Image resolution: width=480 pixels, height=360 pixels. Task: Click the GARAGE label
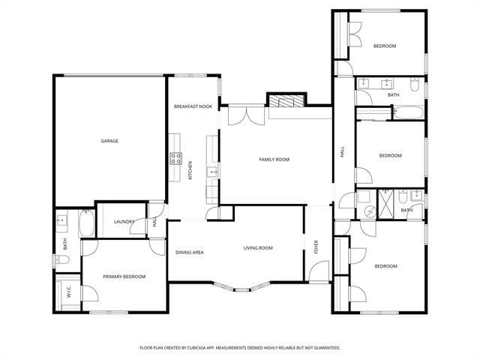point(110,141)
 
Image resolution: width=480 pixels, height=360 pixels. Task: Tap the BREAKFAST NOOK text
point(193,107)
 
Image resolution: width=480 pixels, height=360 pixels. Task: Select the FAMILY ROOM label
point(274,160)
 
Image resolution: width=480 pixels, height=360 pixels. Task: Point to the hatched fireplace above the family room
point(287,102)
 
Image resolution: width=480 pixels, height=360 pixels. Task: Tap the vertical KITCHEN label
point(190,170)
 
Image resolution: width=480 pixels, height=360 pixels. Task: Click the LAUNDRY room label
point(124,222)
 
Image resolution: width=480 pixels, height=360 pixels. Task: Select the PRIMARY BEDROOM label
point(124,277)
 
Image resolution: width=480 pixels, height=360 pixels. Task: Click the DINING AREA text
point(190,253)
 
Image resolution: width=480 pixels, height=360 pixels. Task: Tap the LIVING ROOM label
point(257,248)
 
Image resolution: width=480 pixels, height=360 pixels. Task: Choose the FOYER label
point(316,247)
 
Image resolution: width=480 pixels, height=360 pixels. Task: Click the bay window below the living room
point(250,286)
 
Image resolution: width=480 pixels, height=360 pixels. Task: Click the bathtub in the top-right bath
point(408,114)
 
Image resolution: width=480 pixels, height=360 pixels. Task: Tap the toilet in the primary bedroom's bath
point(61,260)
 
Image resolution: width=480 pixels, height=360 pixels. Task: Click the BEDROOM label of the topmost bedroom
point(385,46)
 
